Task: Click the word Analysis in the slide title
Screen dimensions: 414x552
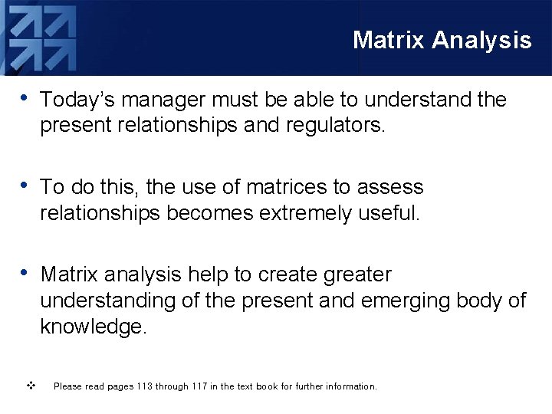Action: click(481, 40)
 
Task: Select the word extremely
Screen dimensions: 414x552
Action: click(306, 212)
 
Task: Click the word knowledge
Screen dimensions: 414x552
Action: click(92, 326)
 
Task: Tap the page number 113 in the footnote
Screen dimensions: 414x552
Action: click(143, 386)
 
